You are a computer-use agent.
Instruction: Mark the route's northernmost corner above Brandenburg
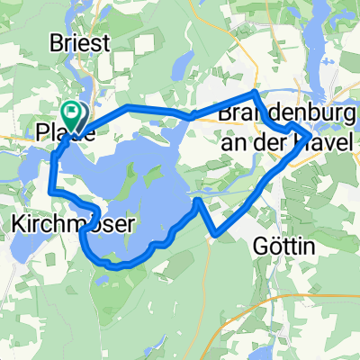pyautogui.click(x=256, y=93)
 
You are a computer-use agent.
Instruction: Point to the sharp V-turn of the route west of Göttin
pyautogui.click(x=216, y=236)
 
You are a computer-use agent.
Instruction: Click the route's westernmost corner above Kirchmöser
pyautogui.click(x=50, y=191)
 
